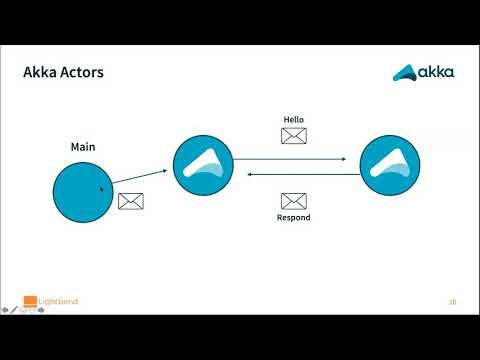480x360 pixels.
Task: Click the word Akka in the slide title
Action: [x=39, y=72]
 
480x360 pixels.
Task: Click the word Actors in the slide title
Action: [x=82, y=72]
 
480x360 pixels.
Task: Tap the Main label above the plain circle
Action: [x=83, y=147]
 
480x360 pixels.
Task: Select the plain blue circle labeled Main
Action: [x=83, y=192]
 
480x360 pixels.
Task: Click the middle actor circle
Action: [x=203, y=165]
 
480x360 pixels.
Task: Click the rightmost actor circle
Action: [x=390, y=165]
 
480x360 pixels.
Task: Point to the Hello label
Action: [x=294, y=119]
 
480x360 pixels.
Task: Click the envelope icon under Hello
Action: [x=294, y=136]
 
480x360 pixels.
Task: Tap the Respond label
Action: [x=294, y=217]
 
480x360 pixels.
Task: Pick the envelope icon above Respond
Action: [x=294, y=201]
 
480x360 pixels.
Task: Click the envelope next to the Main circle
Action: [x=131, y=201]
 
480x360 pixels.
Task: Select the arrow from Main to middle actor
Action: [x=140, y=177]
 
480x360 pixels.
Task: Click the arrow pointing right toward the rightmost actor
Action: [x=290, y=159]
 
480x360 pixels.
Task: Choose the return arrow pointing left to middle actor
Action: [x=304, y=174]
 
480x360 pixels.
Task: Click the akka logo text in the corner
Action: [x=436, y=72]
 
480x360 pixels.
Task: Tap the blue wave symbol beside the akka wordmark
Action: [x=405, y=73]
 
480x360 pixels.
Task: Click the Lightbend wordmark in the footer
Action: [x=58, y=301]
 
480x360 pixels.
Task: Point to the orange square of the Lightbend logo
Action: [x=30, y=300]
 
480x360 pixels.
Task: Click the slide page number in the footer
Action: [x=452, y=302]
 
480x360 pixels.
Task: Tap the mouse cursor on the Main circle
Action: [x=102, y=189]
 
